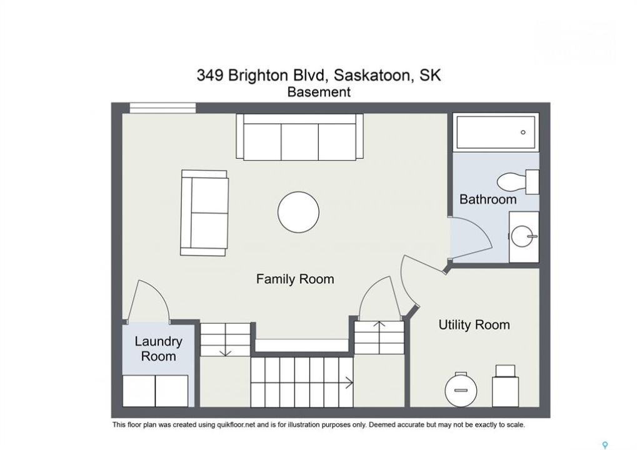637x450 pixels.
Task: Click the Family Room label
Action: point(295,279)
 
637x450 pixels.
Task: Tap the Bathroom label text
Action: point(488,199)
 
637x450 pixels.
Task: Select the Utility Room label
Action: point(474,325)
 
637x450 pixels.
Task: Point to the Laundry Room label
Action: point(158,349)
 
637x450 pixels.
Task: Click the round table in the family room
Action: point(299,212)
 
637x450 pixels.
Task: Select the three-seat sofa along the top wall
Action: point(300,136)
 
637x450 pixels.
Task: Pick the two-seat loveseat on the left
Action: point(204,213)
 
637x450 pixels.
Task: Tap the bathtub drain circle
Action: point(523,132)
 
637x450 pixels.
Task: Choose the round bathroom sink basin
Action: point(523,236)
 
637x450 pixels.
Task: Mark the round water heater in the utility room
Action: point(460,389)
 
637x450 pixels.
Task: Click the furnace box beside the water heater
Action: point(505,386)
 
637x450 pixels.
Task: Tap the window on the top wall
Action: point(163,107)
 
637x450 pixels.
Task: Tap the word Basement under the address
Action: point(319,92)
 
